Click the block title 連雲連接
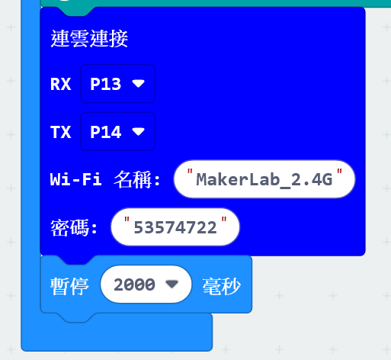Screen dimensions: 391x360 [89, 39]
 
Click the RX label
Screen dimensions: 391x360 [60, 84]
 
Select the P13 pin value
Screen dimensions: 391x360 [106, 84]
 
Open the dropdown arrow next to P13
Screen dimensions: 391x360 [138, 83]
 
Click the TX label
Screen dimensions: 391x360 [60, 132]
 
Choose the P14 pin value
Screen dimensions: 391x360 [106, 132]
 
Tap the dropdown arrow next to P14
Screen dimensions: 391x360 [138, 131]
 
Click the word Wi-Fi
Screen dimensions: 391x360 [76, 179]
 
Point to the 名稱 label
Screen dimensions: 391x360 [133, 179]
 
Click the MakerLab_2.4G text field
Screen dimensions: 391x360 [264, 179]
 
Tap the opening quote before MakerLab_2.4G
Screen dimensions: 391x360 [190, 172]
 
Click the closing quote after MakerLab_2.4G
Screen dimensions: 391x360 [339, 172]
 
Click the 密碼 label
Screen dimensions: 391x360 [70, 227]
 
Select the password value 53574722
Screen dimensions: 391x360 [175, 227]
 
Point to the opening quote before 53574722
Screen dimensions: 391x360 [127, 220]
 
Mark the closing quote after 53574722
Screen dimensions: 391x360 [224, 220]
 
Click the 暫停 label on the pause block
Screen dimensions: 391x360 [69, 286]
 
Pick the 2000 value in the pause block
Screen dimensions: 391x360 [134, 284]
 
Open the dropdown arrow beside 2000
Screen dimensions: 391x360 [172, 284]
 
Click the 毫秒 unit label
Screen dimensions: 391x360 [222, 286]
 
